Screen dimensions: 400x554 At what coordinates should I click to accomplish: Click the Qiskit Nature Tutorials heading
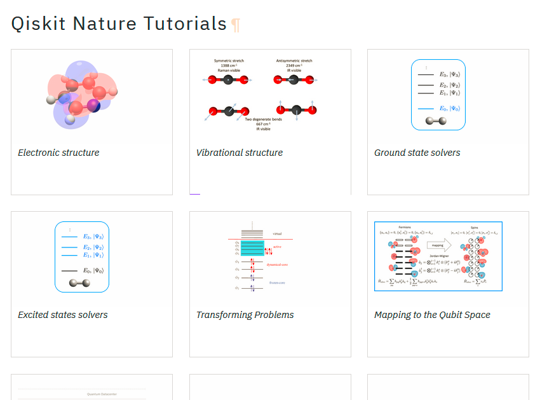tap(119, 24)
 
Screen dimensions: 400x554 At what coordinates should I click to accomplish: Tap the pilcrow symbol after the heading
tap(236, 25)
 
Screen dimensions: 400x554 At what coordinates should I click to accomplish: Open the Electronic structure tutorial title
tap(58, 153)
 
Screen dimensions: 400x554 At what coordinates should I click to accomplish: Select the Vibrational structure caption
tap(240, 153)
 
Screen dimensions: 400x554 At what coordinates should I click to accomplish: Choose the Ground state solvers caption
tap(417, 153)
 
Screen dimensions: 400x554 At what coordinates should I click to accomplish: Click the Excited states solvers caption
tap(63, 315)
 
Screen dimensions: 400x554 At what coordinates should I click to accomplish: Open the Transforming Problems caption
tap(245, 315)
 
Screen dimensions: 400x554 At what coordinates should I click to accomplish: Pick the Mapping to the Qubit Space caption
tap(433, 315)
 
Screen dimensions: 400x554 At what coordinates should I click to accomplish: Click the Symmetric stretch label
tap(229, 61)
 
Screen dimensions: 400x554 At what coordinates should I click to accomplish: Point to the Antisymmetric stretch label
tap(294, 61)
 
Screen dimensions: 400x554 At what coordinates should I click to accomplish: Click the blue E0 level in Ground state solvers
tap(426, 109)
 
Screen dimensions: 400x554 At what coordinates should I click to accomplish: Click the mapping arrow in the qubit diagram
tap(438, 244)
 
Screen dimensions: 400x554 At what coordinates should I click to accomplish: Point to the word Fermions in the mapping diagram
tap(405, 226)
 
